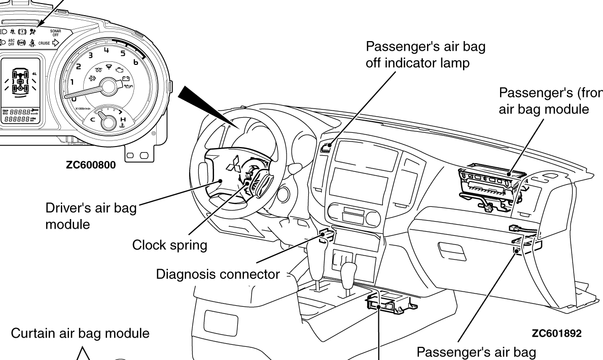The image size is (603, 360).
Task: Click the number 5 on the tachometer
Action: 123,53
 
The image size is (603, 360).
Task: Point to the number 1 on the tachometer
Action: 73,82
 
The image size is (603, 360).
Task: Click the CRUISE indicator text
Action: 46,44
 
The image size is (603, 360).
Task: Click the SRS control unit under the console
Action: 388,302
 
